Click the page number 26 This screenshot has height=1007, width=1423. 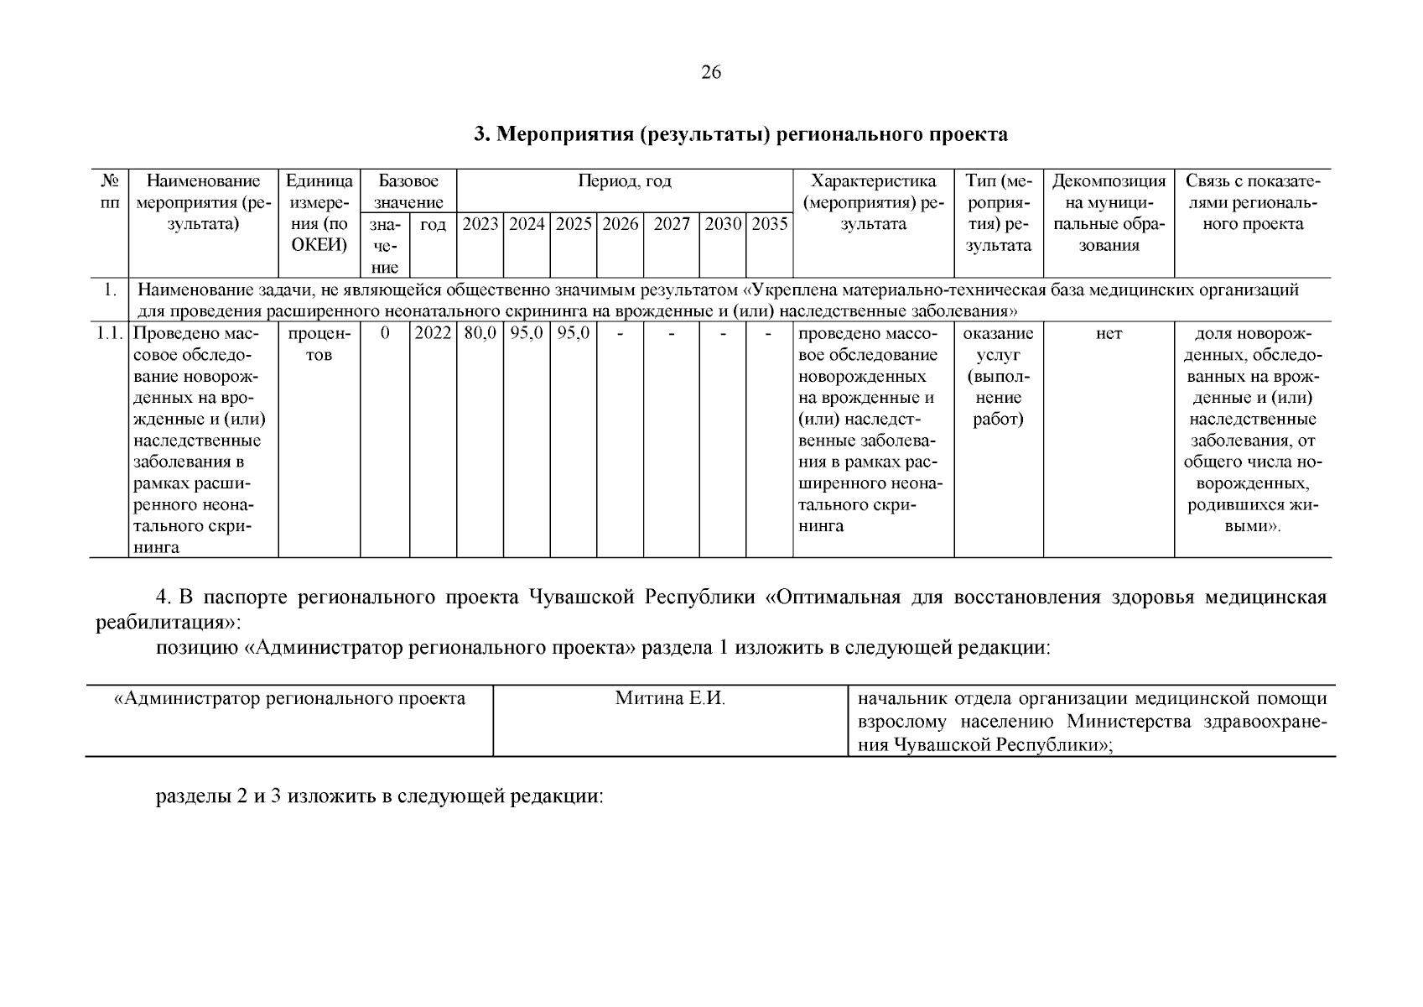tap(710, 72)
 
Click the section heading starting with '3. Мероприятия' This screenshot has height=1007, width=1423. tap(740, 134)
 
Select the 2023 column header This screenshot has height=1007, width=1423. tap(480, 224)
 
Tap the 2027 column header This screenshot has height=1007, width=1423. tap(671, 224)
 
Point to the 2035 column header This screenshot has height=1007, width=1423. tap(769, 224)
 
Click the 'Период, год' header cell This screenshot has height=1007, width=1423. tap(624, 181)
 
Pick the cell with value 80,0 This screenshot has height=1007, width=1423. tap(480, 333)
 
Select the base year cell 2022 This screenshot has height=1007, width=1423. tap(433, 333)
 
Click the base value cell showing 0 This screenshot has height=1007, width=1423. tap(384, 333)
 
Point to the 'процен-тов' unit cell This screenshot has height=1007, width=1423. tap(319, 344)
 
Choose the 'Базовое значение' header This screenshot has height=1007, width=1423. tap(408, 191)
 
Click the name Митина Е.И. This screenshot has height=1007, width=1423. tap(669, 698)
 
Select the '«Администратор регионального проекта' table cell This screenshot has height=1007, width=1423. tap(289, 698)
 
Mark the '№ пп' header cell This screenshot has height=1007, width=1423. tap(109, 192)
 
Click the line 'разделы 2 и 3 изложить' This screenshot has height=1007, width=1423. tap(380, 796)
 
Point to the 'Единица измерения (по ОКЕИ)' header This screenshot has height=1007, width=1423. tap(319, 213)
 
